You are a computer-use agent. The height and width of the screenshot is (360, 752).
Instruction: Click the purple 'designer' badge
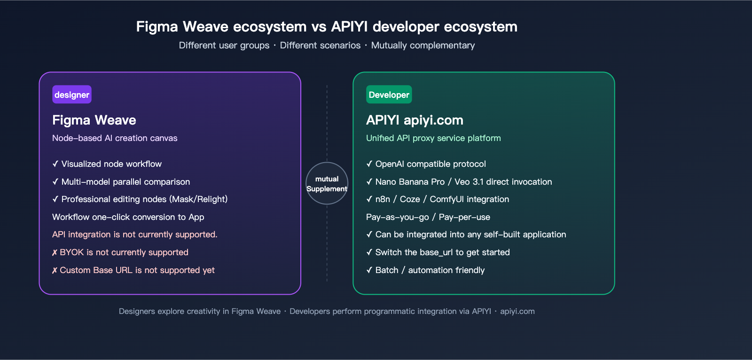click(x=72, y=94)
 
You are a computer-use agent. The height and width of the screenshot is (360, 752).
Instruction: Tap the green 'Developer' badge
click(x=389, y=94)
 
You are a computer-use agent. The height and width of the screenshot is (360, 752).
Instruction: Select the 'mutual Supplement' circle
click(x=327, y=183)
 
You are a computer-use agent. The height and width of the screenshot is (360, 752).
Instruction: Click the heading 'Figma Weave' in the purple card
click(x=94, y=120)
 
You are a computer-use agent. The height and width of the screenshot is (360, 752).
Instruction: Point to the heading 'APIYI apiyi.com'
click(x=415, y=120)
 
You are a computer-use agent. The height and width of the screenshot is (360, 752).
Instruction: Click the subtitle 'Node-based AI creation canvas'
click(x=115, y=138)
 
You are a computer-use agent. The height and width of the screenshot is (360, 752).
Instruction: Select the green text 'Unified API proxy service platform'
click(x=433, y=138)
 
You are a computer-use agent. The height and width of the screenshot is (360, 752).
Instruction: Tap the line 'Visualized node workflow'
click(x=111, y=164)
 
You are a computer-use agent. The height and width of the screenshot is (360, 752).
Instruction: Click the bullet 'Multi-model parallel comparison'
click(x=125, y=182)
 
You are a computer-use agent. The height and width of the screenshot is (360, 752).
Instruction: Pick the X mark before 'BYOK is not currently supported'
click(x=55, y=253)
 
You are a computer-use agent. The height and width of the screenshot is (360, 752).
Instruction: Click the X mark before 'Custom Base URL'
click(x=55, y=271)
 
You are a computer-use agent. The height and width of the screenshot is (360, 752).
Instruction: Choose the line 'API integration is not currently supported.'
click(x=134, y=235)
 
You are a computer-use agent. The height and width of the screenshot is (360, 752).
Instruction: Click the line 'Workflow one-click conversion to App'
click(x=128, y=217)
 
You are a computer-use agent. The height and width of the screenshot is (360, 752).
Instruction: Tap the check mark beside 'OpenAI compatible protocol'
click(x=369, y=164)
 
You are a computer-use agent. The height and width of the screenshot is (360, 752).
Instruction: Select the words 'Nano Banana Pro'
click(x=410, y=182)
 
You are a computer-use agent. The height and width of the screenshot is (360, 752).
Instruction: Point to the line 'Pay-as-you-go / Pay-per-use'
click(x=428, y=217)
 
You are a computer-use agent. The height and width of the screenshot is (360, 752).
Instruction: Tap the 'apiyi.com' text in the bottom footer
click(x=517, y=311)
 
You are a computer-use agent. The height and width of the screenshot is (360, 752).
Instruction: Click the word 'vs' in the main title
click(x=319, y=27)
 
